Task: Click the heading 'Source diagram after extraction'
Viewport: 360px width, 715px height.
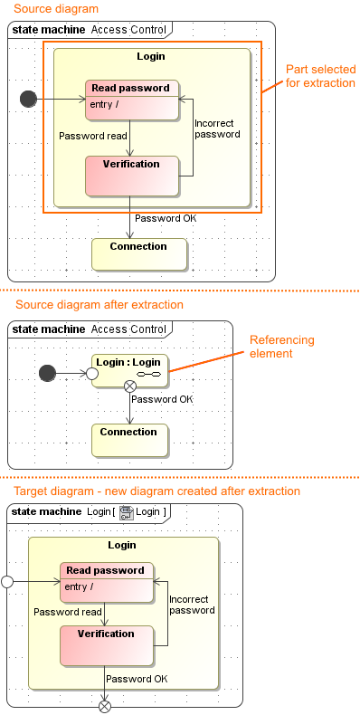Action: point(99,305)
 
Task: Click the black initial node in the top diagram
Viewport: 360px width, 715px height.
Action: point(28,99)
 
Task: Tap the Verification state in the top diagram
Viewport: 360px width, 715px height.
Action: point(132,176)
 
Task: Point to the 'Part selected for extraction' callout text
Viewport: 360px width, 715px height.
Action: point(320,76)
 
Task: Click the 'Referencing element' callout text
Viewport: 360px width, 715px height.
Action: point(281,347)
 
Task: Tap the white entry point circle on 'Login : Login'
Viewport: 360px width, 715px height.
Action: point(91,372)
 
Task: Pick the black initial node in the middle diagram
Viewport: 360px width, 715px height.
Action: point(50,372)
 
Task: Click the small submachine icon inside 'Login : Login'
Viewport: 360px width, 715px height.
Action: point(148,374)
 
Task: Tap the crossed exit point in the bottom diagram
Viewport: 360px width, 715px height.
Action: point(105,706)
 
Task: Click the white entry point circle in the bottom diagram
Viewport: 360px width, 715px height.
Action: point(7,581)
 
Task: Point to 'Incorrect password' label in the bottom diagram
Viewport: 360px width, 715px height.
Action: point(192,605)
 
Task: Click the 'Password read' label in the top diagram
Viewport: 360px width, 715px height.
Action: point(87,136)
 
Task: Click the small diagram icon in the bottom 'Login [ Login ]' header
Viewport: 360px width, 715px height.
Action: point(126,513)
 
